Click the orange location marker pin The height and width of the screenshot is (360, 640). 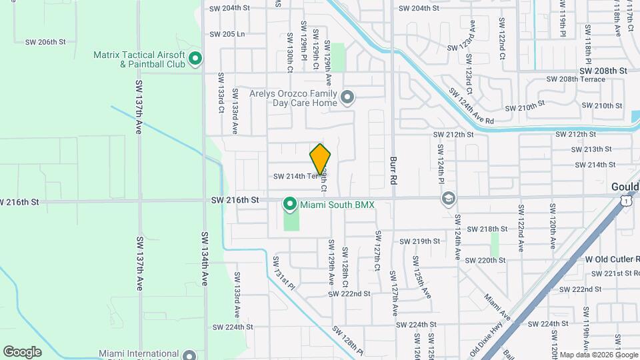point(320,159)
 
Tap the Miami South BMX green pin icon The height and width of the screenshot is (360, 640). point(290,203)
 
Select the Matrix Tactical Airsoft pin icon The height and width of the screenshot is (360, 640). point(195,59)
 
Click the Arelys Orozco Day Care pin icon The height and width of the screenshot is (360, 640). point(347,99)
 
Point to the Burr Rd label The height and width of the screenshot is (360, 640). point(393,175)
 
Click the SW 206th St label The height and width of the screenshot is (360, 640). point(45,42)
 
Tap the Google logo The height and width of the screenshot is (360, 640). point(22,352)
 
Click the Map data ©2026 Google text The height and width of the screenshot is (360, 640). point(598,355)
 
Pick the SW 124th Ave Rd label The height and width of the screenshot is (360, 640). point(471,106)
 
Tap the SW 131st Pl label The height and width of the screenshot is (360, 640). point(283,272)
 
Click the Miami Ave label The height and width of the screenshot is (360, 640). point(497,306)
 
